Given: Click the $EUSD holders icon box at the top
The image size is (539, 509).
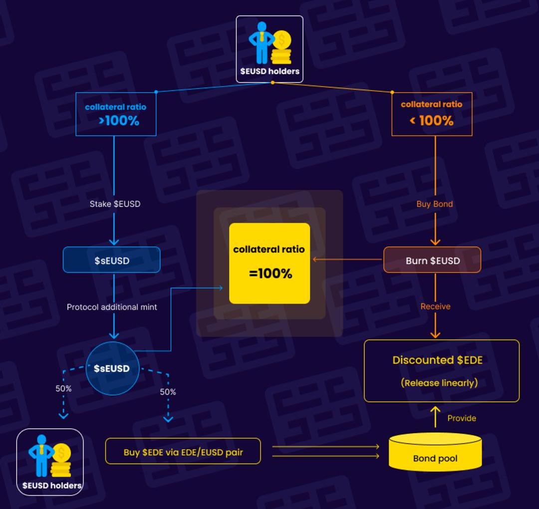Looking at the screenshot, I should point(269,49).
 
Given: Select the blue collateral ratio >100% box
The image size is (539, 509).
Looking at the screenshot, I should point(116,114).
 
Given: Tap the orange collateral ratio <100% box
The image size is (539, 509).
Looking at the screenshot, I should point(432,114).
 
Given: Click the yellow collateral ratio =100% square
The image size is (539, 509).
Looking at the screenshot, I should point(269,263).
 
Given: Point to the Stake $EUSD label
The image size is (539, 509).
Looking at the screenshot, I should point(115,204).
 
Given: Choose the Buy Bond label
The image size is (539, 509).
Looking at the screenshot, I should point(435,204).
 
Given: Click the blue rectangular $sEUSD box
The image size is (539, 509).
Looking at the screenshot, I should point(112,260).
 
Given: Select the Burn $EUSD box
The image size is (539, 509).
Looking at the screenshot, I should point(432,260).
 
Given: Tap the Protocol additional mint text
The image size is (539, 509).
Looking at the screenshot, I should point(112,307).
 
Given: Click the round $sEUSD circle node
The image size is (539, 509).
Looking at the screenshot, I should point(112,368).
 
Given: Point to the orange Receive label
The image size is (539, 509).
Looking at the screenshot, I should point(435,306).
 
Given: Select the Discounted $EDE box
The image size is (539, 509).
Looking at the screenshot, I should point(442,370).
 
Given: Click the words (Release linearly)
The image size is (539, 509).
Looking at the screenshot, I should point(439,383).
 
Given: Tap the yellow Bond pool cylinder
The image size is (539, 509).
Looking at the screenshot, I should point(435,452).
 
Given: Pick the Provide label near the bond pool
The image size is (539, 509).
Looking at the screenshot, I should point(461,418).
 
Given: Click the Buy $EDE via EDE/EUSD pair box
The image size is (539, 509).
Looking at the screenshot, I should point(183,451).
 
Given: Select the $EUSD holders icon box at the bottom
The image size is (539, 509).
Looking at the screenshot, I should point(50,462).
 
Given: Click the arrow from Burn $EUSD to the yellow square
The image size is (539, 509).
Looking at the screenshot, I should point(347,259).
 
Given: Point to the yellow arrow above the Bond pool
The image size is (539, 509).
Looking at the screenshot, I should point(435,417).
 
